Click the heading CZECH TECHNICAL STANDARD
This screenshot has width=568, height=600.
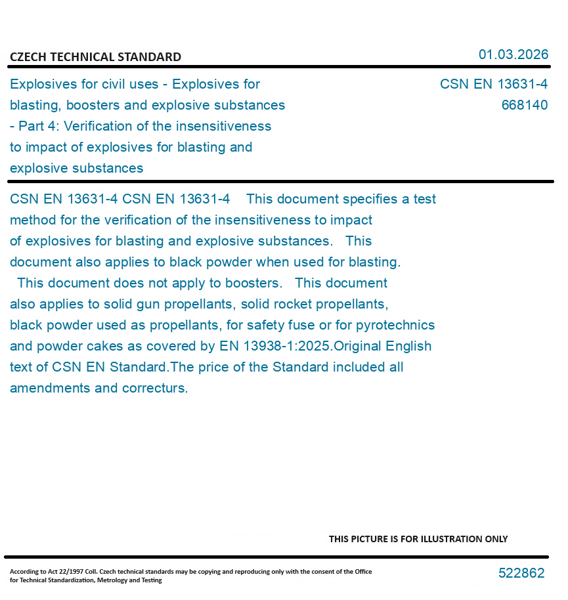point(95,57)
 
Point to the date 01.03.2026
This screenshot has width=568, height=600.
point(513,54)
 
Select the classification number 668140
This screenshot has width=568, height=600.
point(524,105)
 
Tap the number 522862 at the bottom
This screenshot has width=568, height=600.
point(521,573)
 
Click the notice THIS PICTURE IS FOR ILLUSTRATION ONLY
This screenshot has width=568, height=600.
point(418,539)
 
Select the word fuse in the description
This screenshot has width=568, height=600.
point(299,325)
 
